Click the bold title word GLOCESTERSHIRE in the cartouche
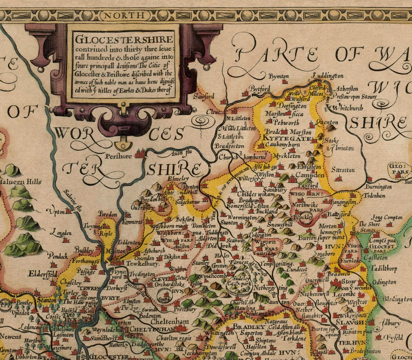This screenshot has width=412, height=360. [x=125, y=39]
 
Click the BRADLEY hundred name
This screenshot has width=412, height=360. [x=246, y=327]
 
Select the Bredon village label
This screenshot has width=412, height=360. [x=108, y=214]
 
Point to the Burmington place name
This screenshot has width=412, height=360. [x=379, y=187]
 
